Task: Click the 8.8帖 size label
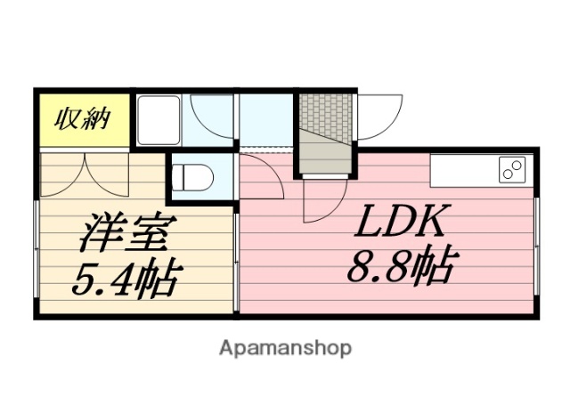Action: [x=400, y=264]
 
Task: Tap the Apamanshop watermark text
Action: [x=285, y=346]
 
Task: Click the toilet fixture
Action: [x=191, y=175]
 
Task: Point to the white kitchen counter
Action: [x=481, y=169]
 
